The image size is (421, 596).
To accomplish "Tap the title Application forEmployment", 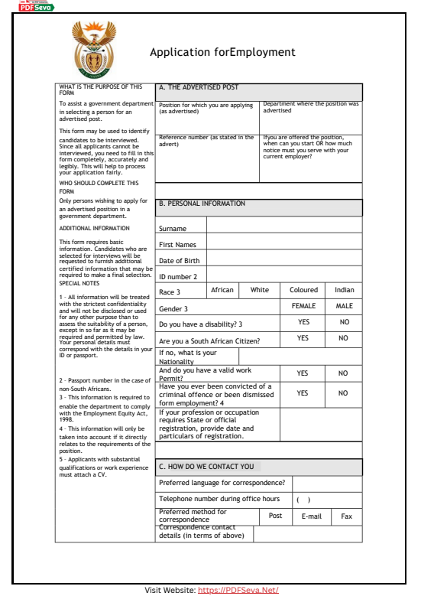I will point(222,53).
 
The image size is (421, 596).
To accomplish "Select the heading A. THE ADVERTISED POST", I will point(199,87).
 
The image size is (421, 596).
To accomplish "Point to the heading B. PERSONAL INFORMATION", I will point(202,204).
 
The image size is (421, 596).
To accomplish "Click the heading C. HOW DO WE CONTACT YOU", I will point(206,466).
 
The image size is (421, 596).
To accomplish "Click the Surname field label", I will point(172,228).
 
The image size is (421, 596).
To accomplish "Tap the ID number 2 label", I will point(178,277).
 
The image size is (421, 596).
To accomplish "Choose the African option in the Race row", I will point(222,291).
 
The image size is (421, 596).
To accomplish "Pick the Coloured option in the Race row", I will point(303,291).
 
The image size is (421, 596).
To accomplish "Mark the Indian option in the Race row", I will point(345,291).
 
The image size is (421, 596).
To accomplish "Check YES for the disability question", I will point(303,323).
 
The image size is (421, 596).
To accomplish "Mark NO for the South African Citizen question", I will point(344,338).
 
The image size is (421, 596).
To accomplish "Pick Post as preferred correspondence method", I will point(276,516).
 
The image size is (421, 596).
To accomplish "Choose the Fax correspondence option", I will point(347,516).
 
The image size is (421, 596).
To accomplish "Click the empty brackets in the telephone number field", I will point(303,500).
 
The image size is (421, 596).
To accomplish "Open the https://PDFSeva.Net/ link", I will point(238,590).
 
